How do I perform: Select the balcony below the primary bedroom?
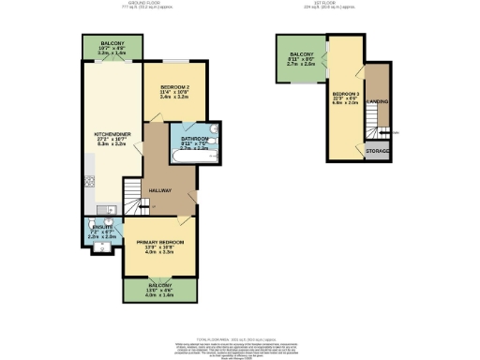(x=158, y=290)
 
